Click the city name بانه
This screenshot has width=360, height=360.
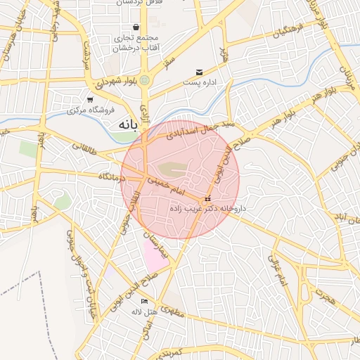(122, 124)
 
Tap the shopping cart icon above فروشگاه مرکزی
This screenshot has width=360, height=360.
(90, 99)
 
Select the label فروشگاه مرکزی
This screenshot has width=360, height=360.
(90, 111)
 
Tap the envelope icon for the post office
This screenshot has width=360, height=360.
(200, 72)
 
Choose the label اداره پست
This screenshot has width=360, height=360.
(199, 83)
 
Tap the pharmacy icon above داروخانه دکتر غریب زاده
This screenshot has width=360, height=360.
(207, 199)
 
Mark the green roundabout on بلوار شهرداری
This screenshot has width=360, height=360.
(145, 81)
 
